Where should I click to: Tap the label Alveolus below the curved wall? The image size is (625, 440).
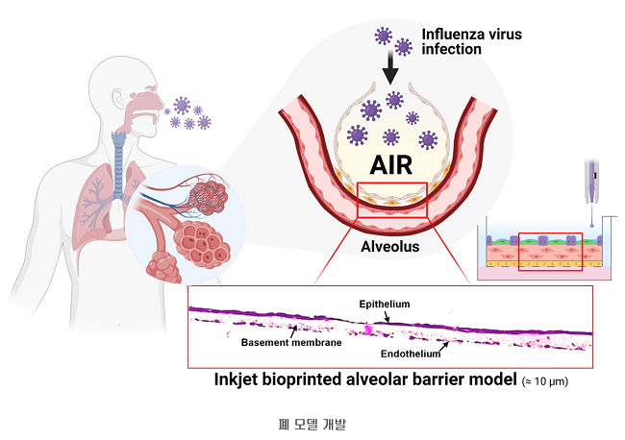[388, 246]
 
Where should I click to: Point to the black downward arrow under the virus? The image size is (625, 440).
[390, 68]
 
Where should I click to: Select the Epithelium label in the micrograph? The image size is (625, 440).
[385, 305]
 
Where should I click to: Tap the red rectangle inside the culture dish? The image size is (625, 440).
[549, 252]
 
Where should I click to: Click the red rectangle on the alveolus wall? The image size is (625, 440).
[390, 199]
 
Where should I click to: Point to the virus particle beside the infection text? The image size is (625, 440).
[384, 37]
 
